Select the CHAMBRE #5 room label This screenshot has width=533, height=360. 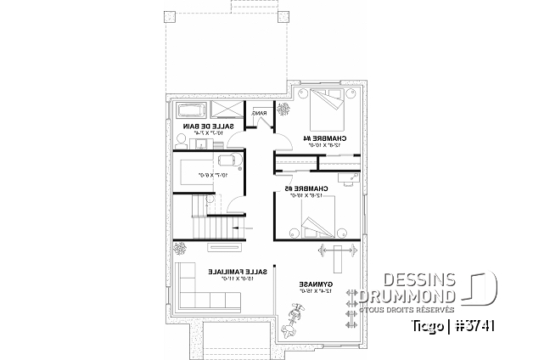click(301, 188)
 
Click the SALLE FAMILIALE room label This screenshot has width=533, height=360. click(238, 272)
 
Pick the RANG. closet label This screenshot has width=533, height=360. click(260, 113)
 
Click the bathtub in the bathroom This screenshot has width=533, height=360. click(191, 110)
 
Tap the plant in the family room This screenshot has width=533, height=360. click(182, 249)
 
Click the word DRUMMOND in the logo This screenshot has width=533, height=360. click(407, 295)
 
